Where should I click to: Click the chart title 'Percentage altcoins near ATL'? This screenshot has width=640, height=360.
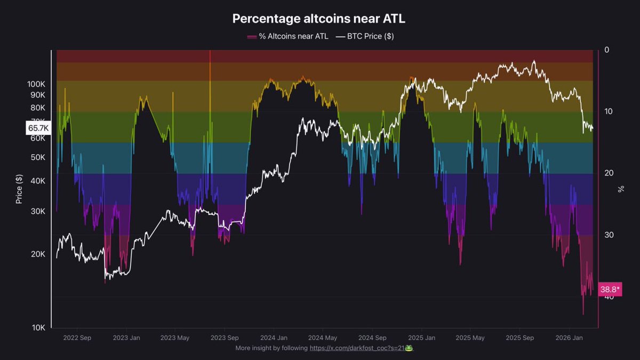tap(319, 19)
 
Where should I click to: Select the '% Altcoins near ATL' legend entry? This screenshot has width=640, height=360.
tap(287, 36)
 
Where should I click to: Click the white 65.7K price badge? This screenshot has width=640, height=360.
tap(38, 128)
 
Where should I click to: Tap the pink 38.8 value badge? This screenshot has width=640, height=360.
tap(610, 289)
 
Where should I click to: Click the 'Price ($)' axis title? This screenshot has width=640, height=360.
tap(19, 189)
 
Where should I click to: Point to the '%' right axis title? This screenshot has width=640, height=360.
tap(621, 189)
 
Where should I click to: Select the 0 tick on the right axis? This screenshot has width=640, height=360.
tap(607, 50)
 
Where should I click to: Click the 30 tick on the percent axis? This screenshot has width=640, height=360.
tap(609, 235)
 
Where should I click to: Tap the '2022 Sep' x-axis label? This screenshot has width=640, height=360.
tap(77, 338)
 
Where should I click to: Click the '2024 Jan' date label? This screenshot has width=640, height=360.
tap(274, 338)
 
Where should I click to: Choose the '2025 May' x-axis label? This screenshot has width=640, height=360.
tap(470, 338)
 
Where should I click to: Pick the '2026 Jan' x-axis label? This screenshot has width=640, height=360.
tap(569, 338)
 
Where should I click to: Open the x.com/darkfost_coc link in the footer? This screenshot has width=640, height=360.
tap(357, 348)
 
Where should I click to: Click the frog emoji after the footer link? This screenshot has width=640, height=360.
tap(409, 348)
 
